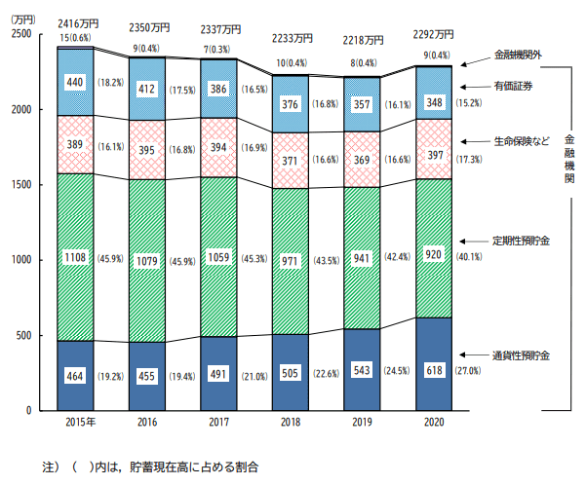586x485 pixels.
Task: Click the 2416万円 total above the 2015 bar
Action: coord(76,23)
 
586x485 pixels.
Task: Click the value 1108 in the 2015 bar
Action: coord(75,258)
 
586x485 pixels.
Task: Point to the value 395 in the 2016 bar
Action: coord(147,149)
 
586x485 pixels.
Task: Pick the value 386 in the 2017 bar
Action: coord(219,88)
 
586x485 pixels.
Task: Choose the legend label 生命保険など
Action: coord(521,140)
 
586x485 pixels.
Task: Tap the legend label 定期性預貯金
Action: coord(522,240)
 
